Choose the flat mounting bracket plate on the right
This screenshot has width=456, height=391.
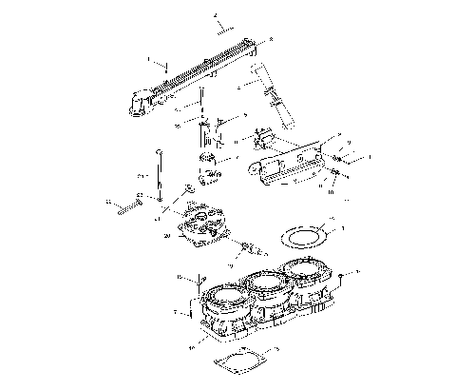[294, 162]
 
